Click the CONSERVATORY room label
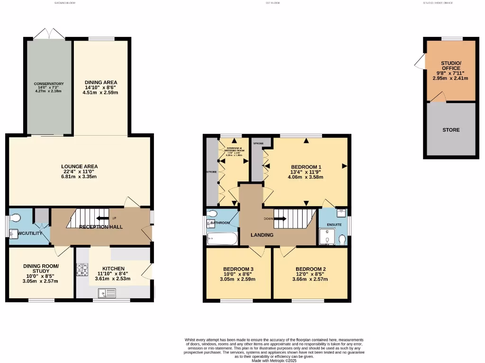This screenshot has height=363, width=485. point(49,84)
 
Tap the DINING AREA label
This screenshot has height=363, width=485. point(100,82)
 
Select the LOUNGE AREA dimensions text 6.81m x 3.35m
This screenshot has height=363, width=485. point(80,177)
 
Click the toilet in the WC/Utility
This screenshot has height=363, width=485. point(16,217)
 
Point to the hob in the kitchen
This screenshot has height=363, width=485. point(82,269)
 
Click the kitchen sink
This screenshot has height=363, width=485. point(107,294)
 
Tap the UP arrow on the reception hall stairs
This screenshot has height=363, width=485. point(100,218)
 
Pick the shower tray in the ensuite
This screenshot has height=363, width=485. point(326,237)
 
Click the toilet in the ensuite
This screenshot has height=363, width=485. point(342,240)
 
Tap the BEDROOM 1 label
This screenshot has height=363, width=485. point(306,167)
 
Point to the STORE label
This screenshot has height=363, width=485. point(451,130)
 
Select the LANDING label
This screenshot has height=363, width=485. point(262,235)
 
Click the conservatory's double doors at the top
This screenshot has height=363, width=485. point(49,35)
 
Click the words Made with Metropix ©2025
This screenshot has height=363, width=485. point(274,360)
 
